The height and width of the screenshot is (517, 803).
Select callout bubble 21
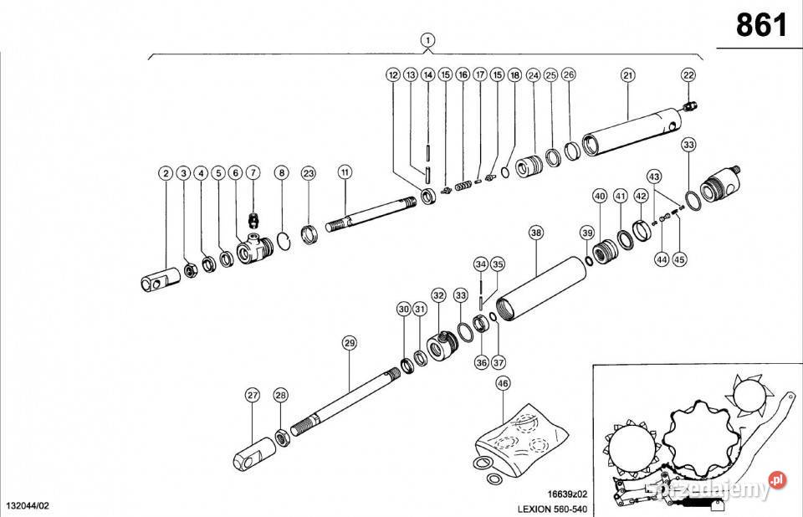click(x=628, y=75)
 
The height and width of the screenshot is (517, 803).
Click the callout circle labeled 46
click(x=502, y=383)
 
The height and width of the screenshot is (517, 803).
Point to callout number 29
click(x=350, y=342)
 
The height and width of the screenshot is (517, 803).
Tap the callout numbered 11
click(x=345, y=172)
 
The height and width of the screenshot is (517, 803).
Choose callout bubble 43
click(x=654, y=177)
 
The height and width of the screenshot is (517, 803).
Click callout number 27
click(x=253, y=395)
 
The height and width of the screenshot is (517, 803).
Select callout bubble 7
click(x=253, y=173)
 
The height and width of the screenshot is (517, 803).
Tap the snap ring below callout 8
click(x=284, y=240)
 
